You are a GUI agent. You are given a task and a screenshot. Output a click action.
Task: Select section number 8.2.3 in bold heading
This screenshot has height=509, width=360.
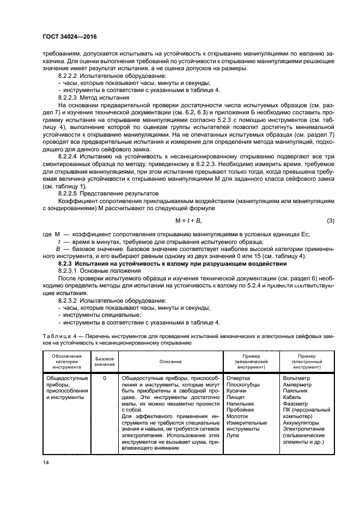click(69, 263)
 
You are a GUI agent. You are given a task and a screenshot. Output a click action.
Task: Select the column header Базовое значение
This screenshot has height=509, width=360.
click(105, 361)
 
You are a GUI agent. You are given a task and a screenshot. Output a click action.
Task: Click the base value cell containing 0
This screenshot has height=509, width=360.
click(105, 377)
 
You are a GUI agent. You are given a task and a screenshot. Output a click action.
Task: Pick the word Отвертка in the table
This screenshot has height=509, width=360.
click(238, 377)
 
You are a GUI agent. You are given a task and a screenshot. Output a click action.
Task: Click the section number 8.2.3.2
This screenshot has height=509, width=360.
click(70, 300)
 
